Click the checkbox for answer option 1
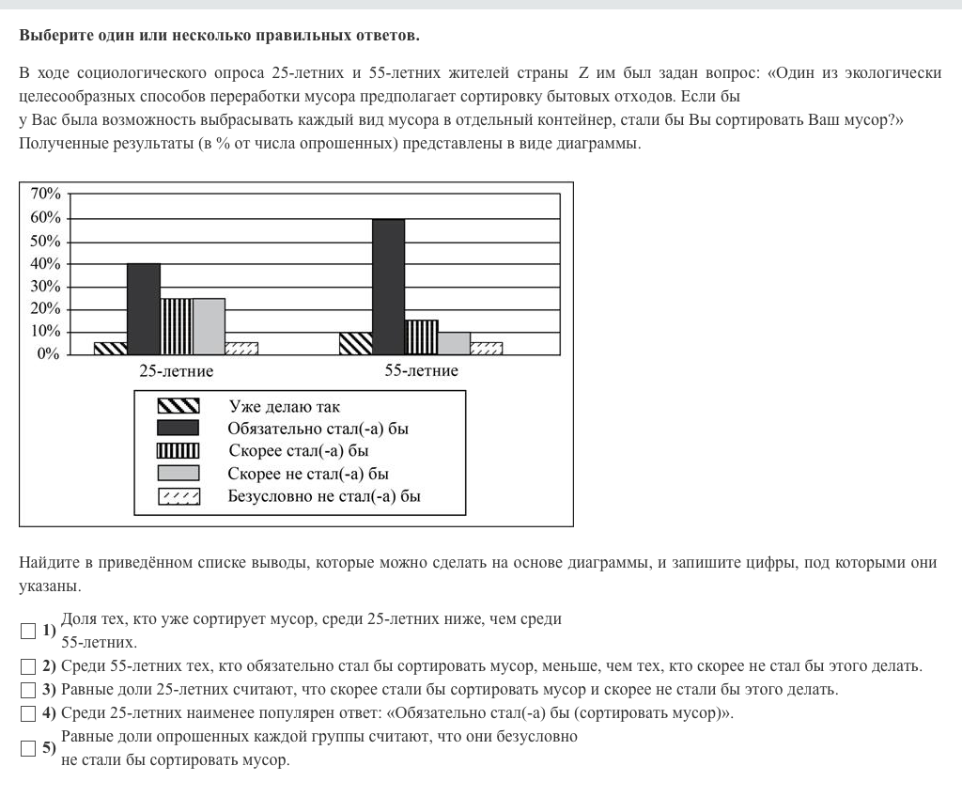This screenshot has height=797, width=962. [29, 631]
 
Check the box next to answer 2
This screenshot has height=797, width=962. [29, 667]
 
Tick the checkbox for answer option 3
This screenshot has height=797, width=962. [29, 690]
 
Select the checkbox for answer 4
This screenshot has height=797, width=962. [29, 713]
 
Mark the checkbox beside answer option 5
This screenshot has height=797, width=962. [29, 749]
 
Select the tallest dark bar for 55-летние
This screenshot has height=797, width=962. [388, 287]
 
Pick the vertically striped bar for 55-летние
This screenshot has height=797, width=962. [421, 336]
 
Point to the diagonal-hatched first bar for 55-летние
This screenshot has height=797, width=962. [355, 343]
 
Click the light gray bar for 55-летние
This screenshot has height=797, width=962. [454, 343]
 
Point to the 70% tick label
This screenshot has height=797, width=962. [46, 195]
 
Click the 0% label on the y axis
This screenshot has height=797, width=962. [49, 354]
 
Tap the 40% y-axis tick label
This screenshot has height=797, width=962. [46, 263]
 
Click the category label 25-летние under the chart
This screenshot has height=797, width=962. [176, 371]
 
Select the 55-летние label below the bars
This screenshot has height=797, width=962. [421, 371]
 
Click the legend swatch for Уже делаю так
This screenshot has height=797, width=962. [178, 406]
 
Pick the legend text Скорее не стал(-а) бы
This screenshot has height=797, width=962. [308, 473]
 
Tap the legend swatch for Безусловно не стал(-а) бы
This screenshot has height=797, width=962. [178, 495]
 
